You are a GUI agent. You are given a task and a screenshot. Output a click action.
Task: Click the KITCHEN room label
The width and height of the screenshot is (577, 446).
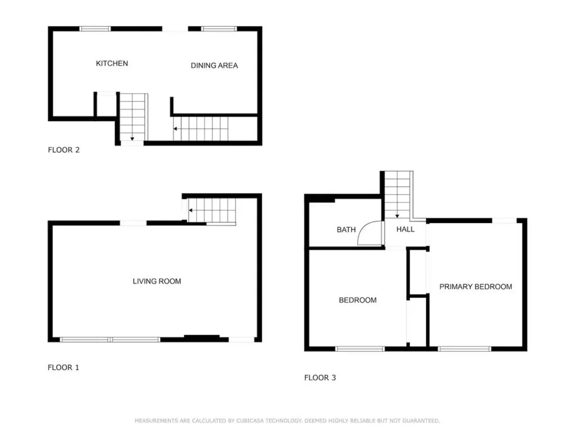pos(112,63)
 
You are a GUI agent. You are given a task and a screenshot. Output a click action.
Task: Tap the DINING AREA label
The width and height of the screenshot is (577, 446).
pos(214,65)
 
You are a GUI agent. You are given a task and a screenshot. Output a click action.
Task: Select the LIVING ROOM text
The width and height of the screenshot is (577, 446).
pos(157,281)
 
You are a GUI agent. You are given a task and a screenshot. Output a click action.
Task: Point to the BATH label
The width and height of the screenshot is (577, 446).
pos(347,230)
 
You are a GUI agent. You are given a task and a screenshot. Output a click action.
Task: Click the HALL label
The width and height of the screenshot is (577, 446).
pos(406,229)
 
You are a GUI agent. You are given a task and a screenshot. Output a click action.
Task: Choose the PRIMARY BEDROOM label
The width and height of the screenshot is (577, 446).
pos(476,286)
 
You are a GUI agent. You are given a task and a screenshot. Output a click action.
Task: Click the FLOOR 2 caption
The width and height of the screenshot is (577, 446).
pos(64,150)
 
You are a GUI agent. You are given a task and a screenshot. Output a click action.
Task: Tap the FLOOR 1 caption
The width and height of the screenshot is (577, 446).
pos(63,367)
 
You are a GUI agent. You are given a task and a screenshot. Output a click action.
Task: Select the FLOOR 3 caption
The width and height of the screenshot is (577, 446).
pos(320,378)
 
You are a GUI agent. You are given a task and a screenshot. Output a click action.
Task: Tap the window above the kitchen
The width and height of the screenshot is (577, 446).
pos(95,29)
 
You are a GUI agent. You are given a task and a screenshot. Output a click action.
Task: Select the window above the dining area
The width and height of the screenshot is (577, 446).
pos(219,29)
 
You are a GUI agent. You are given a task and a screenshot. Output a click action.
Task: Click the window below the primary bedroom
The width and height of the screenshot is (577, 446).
pos(464,349)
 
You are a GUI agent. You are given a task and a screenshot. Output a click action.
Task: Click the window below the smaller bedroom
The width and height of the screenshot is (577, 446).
pos(360,349)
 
